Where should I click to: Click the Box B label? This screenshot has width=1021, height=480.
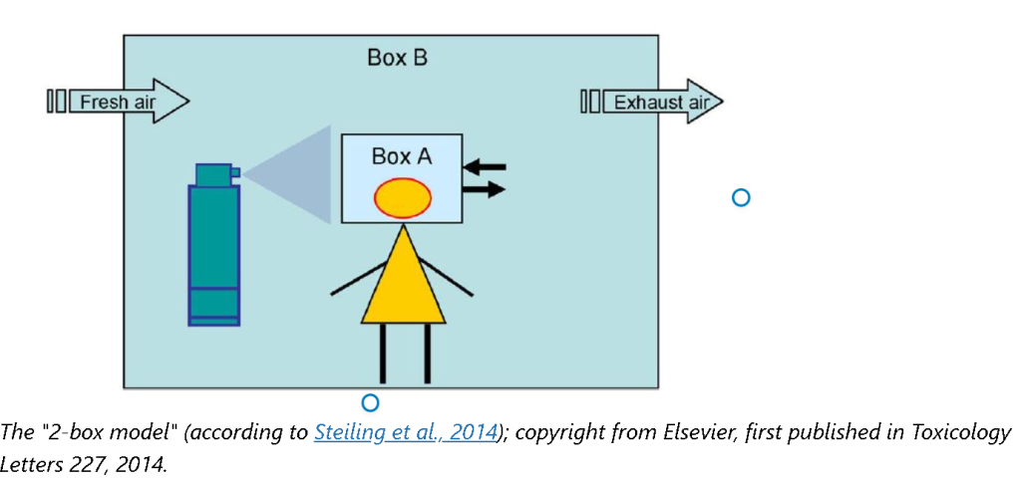pyautogui.click(x=397, y=57)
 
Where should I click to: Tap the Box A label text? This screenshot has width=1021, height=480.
pyautogui.click(x=401, y=156)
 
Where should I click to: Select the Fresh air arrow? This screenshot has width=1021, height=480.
pyautogui.click(x=120, y=102)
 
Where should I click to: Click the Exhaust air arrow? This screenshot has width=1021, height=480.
pyautogui.click(x=652, y=102)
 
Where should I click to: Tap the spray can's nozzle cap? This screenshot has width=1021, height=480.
pyautogui.click(x=214, y=175)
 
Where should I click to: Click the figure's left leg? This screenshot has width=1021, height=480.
pyautogui.click(x=383, y=354)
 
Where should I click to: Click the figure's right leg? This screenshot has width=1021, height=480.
pyautogui.click(x=427, y=354)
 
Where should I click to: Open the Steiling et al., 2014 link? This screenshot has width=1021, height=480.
pyautogui.click(x=405, y=432)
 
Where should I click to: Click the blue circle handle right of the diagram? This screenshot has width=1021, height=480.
pyautogui.click(x=740, y=197)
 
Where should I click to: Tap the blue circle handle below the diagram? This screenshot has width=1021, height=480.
pyautogui.click(x=370, y=402)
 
